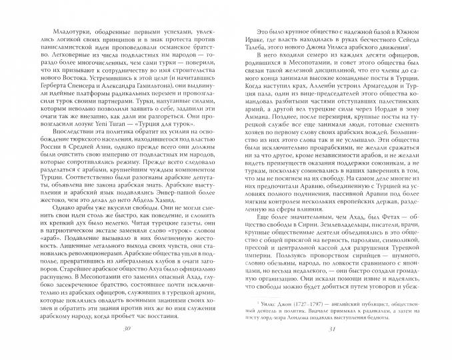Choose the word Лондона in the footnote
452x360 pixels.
pos(321,327)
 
